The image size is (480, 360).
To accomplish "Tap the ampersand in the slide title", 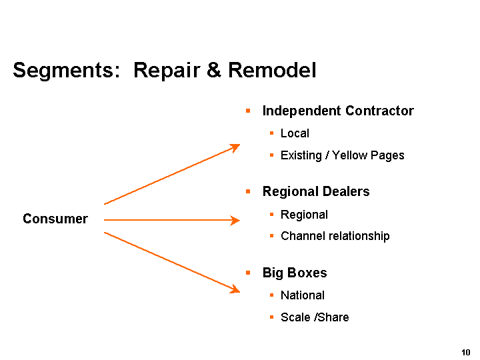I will tap(213, 70).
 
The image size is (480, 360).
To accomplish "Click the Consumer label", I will tap(55, 219).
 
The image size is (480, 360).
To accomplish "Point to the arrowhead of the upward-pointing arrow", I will tap(235, 147).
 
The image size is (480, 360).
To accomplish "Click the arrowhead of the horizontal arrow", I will tap(235, 220).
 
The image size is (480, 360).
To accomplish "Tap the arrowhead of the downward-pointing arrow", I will tap(235, 289).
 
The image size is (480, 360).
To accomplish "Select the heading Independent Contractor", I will tap(338, 111).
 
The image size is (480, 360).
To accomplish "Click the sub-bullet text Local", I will tap(295, 133).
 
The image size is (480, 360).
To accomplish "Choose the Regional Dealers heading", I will tap(316, 192).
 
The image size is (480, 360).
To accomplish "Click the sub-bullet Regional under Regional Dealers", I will tap(304, 215).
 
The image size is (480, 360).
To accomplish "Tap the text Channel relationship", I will tap(335, 236).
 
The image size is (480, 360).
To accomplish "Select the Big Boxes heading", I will tap(295, 273).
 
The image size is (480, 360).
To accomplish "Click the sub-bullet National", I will tap(303, 295).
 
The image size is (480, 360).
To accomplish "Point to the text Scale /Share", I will tap(315, 317).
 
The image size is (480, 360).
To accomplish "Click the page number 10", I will tap(465, 351).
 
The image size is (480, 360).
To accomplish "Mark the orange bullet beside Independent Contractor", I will tap(247, 111).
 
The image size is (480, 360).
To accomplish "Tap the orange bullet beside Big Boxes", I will tap(247, 273).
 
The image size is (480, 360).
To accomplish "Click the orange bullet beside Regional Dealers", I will tap(247, 192).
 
